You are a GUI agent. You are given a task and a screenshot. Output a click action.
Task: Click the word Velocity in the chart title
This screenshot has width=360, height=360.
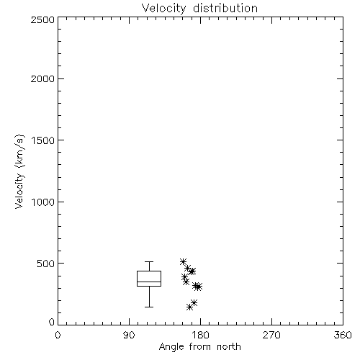coord(163,8)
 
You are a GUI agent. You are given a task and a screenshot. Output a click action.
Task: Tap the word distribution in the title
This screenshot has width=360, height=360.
coord(225,8)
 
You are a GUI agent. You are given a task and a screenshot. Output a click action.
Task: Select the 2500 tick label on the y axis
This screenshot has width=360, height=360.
coord(42,19)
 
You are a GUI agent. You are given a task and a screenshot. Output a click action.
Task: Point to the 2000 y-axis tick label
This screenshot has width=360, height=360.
coord(42,78)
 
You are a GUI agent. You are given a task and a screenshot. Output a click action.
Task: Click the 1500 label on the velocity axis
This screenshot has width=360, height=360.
coord(43,140)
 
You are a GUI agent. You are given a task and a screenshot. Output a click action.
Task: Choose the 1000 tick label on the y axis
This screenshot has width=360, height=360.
coord(43,202)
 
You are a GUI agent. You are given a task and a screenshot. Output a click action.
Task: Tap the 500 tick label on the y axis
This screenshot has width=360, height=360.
coord(46,264)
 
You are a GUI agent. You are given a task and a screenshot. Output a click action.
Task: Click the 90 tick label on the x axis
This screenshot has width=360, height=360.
coord(129,335)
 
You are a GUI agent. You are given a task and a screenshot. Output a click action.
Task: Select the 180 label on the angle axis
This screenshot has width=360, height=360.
coord(200,335)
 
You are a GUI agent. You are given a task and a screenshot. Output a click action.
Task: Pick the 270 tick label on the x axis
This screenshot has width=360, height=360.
coord(271,335)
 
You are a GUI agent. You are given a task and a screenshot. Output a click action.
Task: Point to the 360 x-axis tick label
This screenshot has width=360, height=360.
coord(343,335)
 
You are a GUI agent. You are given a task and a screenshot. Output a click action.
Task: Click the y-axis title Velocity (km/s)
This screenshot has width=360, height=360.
coord(19,171)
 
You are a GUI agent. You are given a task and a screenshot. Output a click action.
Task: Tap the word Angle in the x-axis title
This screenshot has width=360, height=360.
coord(171,347)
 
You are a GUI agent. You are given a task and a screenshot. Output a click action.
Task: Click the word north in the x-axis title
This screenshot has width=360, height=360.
coord(229,347)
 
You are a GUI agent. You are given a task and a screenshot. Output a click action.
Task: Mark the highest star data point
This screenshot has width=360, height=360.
coord(183,261)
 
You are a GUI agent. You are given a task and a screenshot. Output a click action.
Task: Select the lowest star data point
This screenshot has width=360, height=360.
coord(189,307)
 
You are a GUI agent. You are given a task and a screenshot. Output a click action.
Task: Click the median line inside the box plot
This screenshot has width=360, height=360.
coord(149,282)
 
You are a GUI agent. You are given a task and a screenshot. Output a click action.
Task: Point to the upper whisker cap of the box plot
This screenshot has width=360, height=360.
coord(149,261)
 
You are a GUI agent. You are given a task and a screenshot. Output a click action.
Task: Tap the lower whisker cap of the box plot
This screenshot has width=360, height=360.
coord(149,307)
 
